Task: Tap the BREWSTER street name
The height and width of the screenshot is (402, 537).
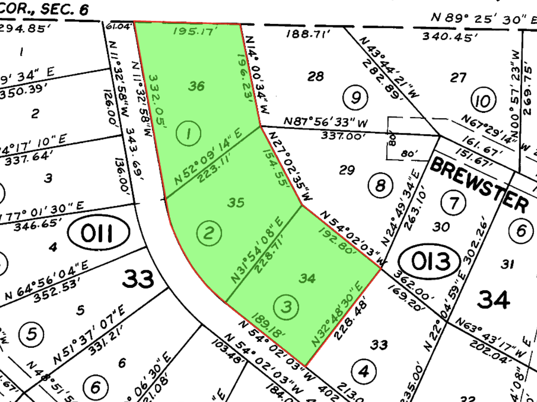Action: pos(479,185)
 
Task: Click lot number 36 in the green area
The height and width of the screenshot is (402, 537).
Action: pos(196,86)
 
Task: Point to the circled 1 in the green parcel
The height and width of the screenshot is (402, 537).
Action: pos(188,133)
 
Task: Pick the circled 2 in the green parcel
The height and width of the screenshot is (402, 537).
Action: pos(209,233)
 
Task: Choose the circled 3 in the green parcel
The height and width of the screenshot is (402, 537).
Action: pos(286,307)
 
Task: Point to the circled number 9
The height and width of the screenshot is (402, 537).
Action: pos(355,97)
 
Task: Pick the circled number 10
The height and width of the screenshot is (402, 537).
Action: pos(483,100)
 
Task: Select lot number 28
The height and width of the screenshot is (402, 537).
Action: pos(316,76)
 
